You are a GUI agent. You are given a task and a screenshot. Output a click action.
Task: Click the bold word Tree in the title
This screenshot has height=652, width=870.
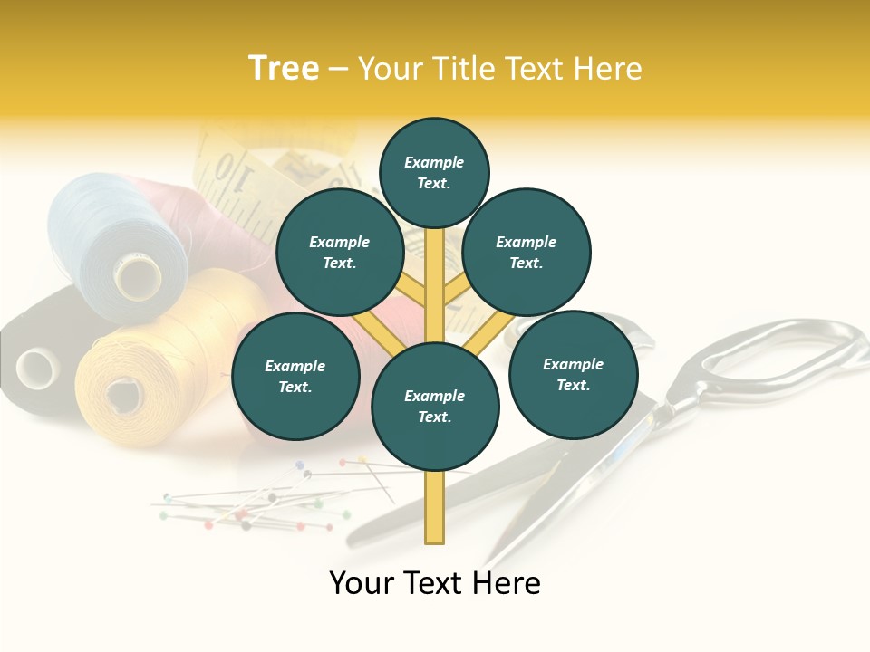click(x=284, y=69)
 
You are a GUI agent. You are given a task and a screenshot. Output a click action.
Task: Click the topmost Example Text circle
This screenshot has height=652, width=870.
click(x=434, y=172)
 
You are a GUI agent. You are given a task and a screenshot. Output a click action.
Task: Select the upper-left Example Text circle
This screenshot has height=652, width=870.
click(x=340, y=253)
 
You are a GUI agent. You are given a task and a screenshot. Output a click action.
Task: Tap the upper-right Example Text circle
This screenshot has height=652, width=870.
click(x=527, y=253)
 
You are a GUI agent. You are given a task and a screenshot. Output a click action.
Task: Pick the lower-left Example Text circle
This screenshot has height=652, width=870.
click(x=295, y=377)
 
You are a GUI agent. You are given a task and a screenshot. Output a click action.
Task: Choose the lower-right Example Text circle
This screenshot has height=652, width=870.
click(x=574, y=375)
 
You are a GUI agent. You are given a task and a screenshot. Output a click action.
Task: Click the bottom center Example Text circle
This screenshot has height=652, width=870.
click(x=435, y=407)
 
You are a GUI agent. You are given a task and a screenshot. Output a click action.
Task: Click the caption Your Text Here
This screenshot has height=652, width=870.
click(x=435, y=583)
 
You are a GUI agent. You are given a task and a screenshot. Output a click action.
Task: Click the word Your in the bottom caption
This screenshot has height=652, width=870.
click(x=362, y=583)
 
